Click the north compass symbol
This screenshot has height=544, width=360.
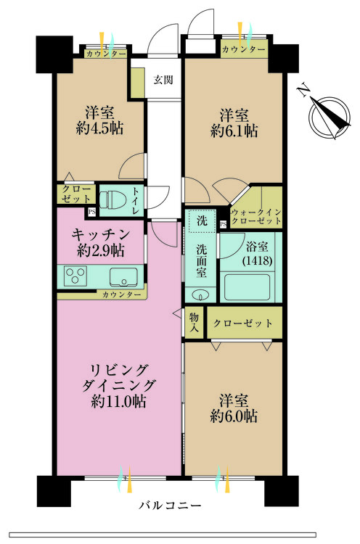tap(326, 115)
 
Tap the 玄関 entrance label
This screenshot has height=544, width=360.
tap(163, 81)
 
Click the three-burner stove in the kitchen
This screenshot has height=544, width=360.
tap(76, 276)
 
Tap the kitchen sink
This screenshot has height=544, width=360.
tap(123, 276)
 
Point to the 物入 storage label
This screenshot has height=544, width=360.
tap(195, 323)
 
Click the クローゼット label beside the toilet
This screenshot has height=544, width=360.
tap(75, 194)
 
